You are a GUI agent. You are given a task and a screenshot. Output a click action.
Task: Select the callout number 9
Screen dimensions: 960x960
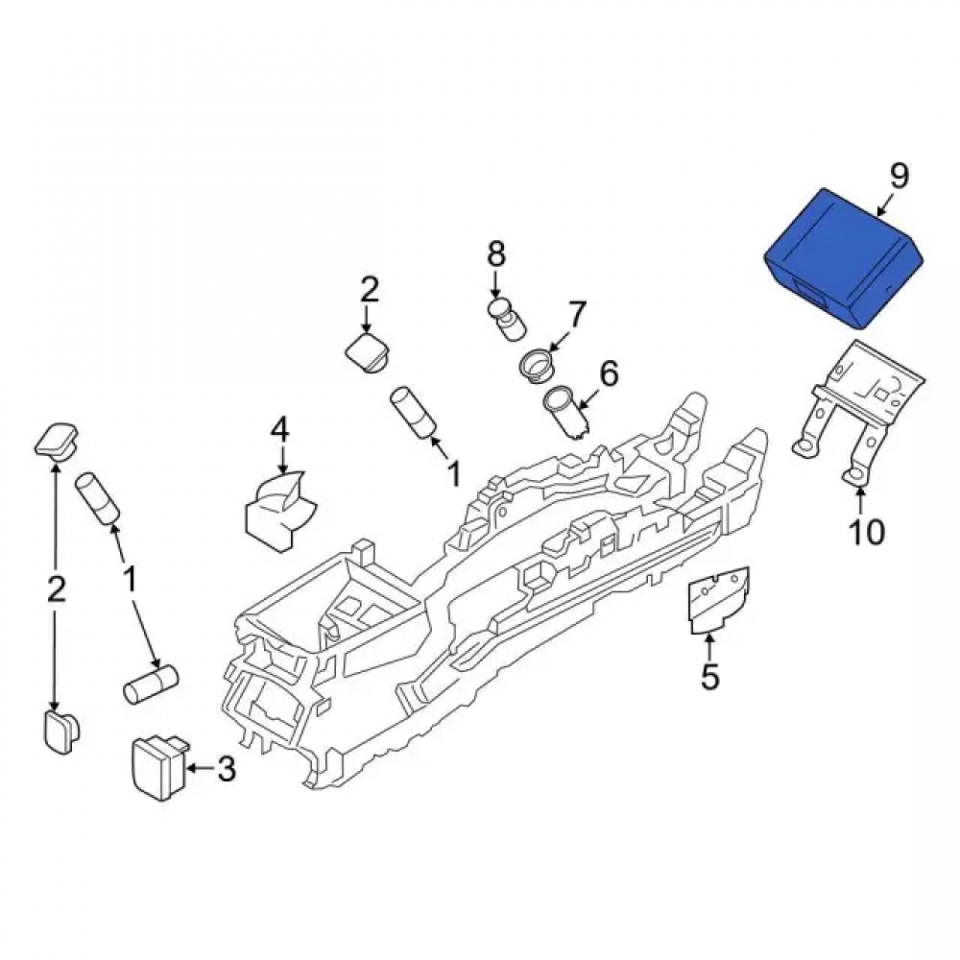(899, 177)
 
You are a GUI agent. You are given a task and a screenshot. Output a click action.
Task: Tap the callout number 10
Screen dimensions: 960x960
(867, 532)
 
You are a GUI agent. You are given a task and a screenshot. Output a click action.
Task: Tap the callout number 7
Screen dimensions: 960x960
(577, 314)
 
